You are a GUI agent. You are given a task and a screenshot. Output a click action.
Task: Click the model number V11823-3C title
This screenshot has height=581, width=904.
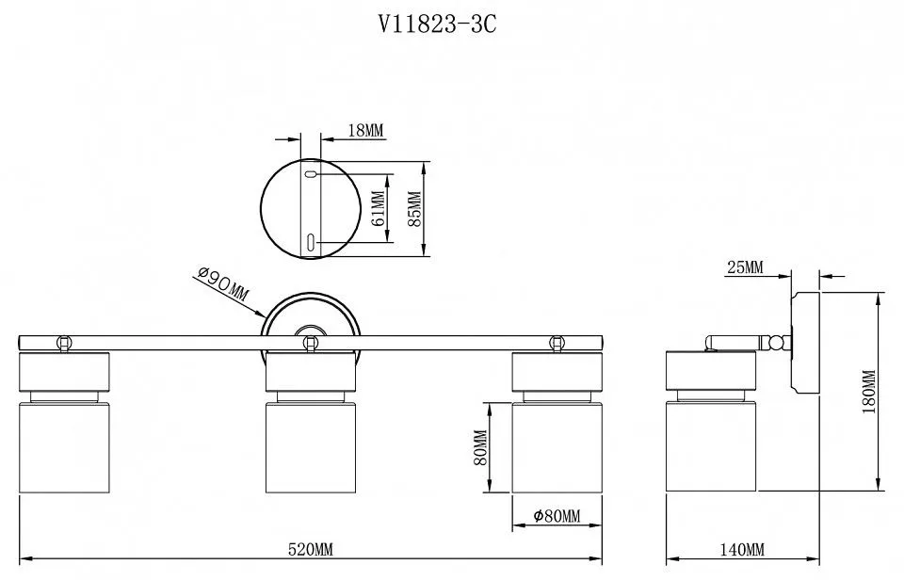[436, 24]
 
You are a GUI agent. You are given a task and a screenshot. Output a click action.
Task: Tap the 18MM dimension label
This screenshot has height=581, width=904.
[365, 130]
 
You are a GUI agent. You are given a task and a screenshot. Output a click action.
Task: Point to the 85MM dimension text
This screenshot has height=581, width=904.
[414, 209]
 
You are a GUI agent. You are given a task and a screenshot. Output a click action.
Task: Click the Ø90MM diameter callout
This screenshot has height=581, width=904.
[222, 284]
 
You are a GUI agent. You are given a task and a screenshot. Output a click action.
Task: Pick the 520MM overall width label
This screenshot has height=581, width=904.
[310, 549]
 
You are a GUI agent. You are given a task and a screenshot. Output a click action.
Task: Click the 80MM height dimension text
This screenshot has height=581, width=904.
[480, 447]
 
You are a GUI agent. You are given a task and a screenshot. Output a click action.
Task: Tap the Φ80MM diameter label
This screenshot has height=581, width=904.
[557, 515]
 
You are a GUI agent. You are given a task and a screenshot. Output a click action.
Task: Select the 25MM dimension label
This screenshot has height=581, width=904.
[744, 267]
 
